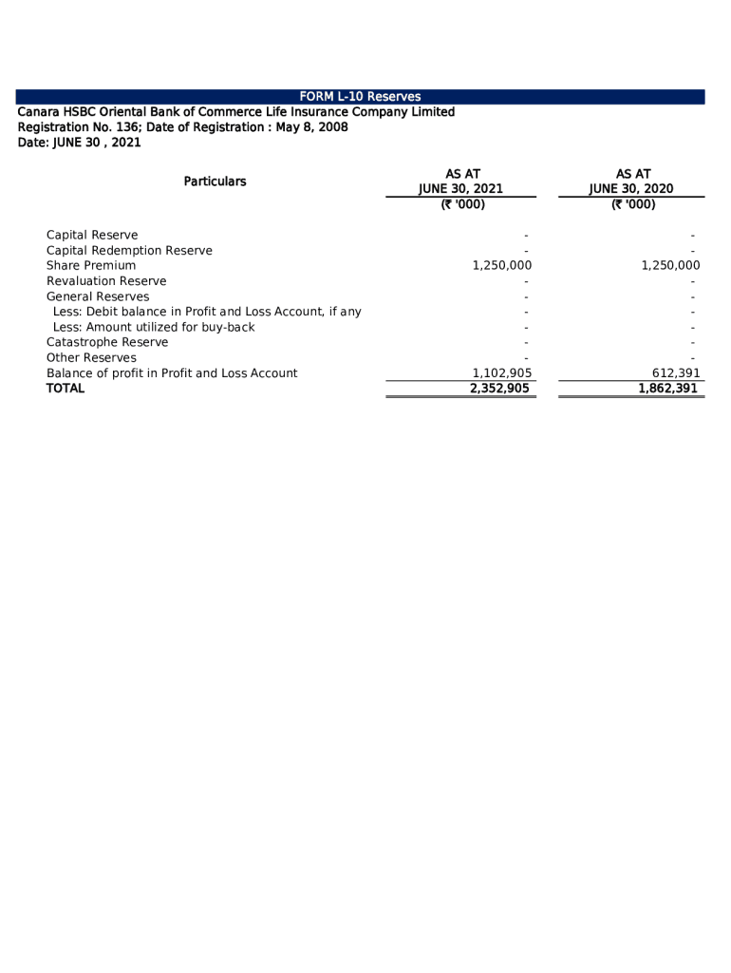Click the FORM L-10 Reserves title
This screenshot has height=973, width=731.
pyautogui.click(x=360, y=97)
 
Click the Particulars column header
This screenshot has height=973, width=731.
pyautogui.click(x=215, y=181)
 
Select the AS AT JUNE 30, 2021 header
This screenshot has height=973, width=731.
pyautogui.click(x=461, y=181)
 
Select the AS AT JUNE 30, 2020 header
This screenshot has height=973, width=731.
pyautogui.click(x=631, y=181)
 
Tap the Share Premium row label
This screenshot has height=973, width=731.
pyautogui.click(x=91, y=266)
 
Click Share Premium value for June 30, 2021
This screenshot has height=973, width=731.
pyautogui.click(x=501, y=266)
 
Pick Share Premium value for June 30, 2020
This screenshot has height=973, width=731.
pyautogui.click(x=670, y=266)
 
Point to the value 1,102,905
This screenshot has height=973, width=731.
pyautogui.click(x=501, y=373)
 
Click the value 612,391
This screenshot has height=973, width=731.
pyautogui.click(x=676, y=373)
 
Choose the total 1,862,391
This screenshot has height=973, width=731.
pyautogui.click(x=668, y=389)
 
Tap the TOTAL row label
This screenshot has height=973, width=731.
pyautogui.click(x=66, y=389)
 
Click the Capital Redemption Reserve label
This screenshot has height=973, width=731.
pyautogui.click(x=129, y=251)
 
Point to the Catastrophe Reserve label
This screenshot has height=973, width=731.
pyautogui.click(x=107, y=342)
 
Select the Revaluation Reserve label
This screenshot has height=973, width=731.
pyautogui.click(x=106, y=281)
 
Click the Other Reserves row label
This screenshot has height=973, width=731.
pyautogui.click(x=92, y=358)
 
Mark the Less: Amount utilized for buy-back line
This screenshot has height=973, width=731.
pyautogui.click(x=154, y=327)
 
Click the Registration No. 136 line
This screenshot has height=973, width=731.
pyautogui.click(x=183, y=127)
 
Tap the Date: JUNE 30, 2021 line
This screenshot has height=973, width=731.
pyautogui.click(x=80, y=143)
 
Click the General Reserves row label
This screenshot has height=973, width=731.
pyautogui.click(x=98, y=296)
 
